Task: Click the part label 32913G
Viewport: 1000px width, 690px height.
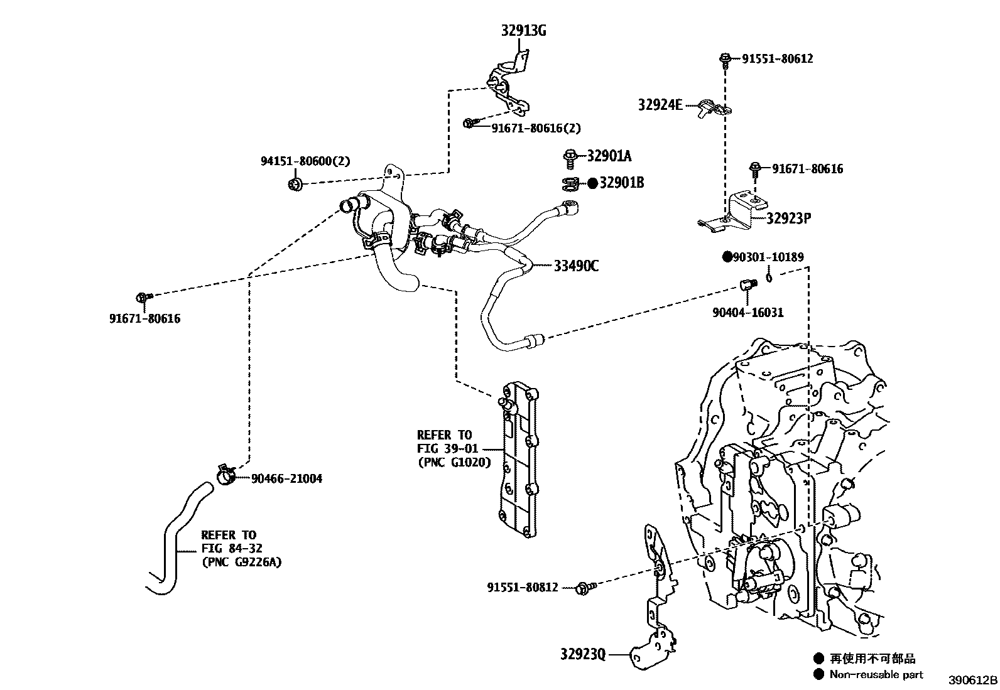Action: (x=523, y=30)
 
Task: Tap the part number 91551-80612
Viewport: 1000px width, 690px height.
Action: (x=777, y=59)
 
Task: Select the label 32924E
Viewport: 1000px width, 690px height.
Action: (x=660, y=105)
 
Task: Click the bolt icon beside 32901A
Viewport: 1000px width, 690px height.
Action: (x=571, y=157)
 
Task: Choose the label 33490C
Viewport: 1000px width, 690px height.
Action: (x=575, y=266)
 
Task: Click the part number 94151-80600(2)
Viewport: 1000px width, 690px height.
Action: (x=305, y=161)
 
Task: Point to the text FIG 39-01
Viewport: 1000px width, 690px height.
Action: (x=447, y=448)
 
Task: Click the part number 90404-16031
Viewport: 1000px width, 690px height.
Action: (x=747, y=313)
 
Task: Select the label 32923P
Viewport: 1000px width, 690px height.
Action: (x=788, y=218)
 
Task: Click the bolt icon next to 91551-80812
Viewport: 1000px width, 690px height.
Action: (x=584, y=587)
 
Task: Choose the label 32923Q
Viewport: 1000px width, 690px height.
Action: (x=583, y=654)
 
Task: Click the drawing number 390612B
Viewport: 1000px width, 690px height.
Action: (x=972, y=681)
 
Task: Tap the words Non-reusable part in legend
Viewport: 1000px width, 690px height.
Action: (x=876, y=675)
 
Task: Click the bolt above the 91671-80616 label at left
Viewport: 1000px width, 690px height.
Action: (x=143, y=297)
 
